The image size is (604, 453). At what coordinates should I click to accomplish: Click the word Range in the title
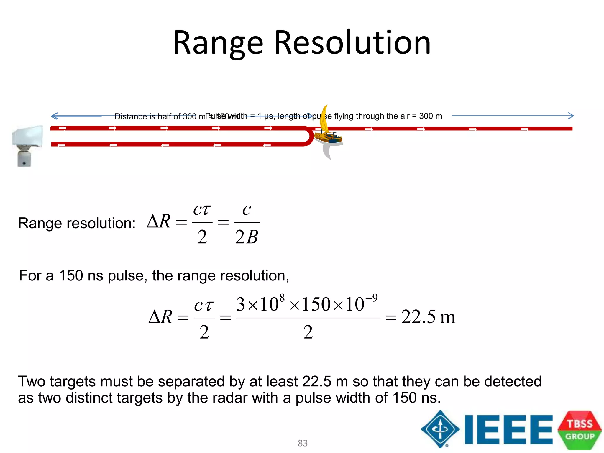(218, 43)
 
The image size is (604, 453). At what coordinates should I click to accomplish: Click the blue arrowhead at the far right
(571, 116)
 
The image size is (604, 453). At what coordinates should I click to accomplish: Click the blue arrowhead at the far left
(54, 116)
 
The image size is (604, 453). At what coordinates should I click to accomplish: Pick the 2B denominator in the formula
(247, 237)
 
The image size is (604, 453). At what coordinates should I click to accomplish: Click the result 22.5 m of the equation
(428, 317)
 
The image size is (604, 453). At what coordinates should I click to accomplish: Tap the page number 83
(303, 443)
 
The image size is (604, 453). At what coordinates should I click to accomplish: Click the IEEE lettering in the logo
(508, 429)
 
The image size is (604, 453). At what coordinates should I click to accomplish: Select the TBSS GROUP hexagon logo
(580, 430)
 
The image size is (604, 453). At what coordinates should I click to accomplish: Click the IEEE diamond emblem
(440, 429)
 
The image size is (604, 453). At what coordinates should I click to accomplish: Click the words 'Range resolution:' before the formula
(77, 223)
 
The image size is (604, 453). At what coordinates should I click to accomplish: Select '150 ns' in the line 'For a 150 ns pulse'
(81, 275)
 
